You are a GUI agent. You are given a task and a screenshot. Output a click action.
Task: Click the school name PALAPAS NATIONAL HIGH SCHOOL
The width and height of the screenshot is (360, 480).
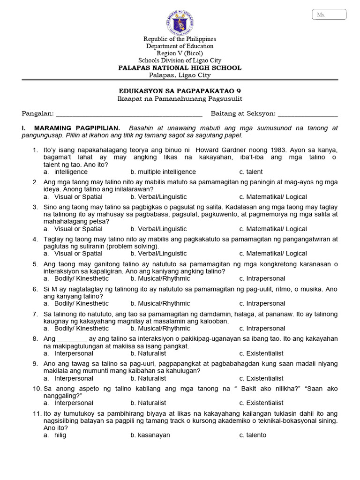[180, 67]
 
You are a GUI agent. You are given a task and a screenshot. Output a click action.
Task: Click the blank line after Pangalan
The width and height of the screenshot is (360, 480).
[129, 114]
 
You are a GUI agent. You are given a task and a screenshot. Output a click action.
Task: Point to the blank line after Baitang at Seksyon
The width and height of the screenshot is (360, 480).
[308, 114]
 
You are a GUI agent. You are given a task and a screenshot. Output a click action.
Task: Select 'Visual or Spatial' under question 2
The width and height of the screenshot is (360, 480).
[78, 197]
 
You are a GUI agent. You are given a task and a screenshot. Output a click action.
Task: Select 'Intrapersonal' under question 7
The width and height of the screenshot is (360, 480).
[265, 328]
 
